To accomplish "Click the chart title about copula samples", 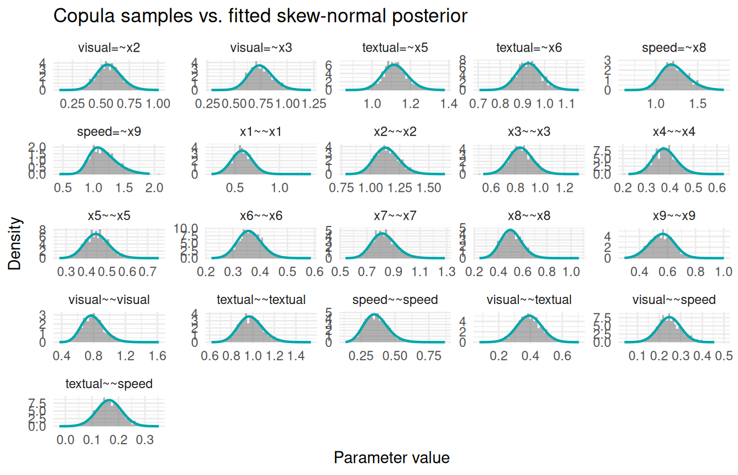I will (x=260, y=16).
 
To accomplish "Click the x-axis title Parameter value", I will (x=392, y=458).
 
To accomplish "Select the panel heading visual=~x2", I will (x=109, y=48).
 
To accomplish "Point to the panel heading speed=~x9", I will (x=109, y=132).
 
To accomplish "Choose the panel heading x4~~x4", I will (x=674, y=132).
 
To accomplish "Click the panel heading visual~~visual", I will (x=109, y=300).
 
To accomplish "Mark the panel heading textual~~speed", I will (x=109, y=384).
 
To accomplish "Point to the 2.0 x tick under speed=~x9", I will (x=155, y=187).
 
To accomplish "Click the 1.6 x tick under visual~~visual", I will (x=158, y=356).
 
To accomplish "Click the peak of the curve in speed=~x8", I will (x=670, y=65).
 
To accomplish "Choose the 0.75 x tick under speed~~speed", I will (x=430, y=356).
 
